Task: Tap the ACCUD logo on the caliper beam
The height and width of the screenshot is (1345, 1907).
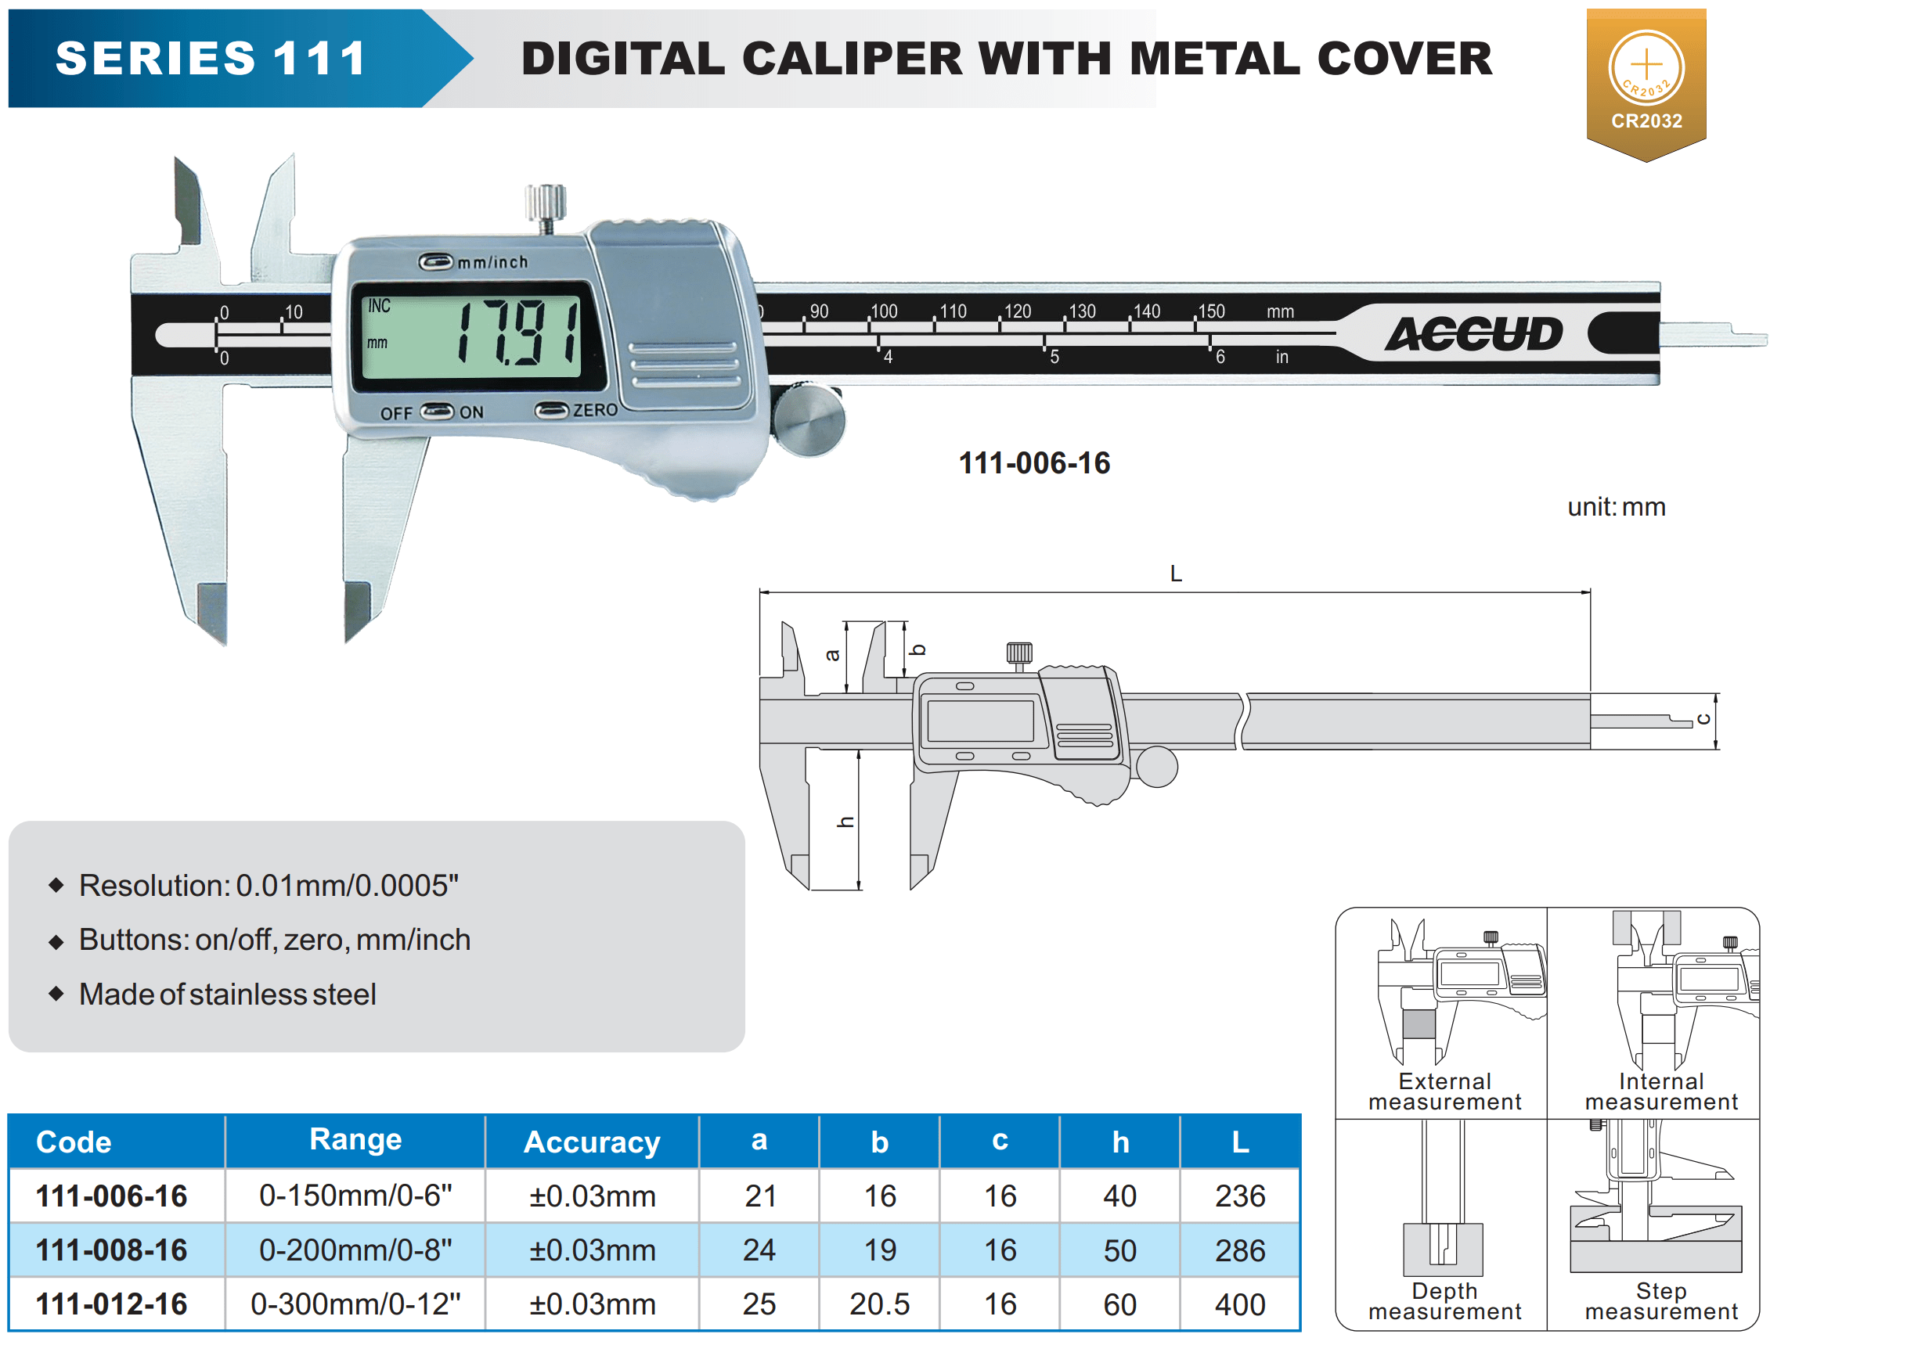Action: pos(1473,334)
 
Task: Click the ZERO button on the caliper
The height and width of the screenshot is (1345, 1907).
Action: pos(550,410)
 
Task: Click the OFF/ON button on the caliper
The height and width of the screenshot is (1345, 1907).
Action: pos(437,412)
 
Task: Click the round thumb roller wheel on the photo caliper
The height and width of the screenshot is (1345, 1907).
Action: pos(807,419)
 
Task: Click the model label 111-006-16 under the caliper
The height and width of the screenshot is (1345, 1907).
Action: pos(1034,462)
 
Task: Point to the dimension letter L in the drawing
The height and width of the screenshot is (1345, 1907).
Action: pos(1175,574)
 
